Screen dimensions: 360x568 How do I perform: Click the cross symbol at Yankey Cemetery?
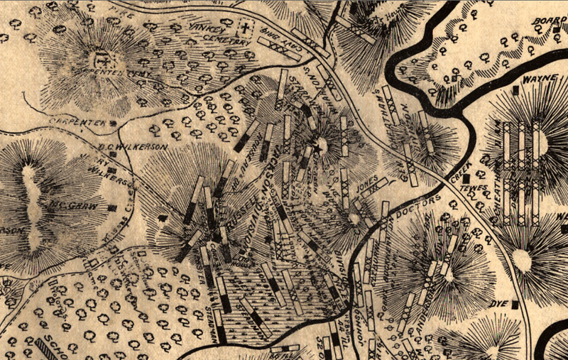[245, 30]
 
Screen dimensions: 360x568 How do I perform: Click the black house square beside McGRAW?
[113, 208]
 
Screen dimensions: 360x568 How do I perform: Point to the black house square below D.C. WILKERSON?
[111, 171]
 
